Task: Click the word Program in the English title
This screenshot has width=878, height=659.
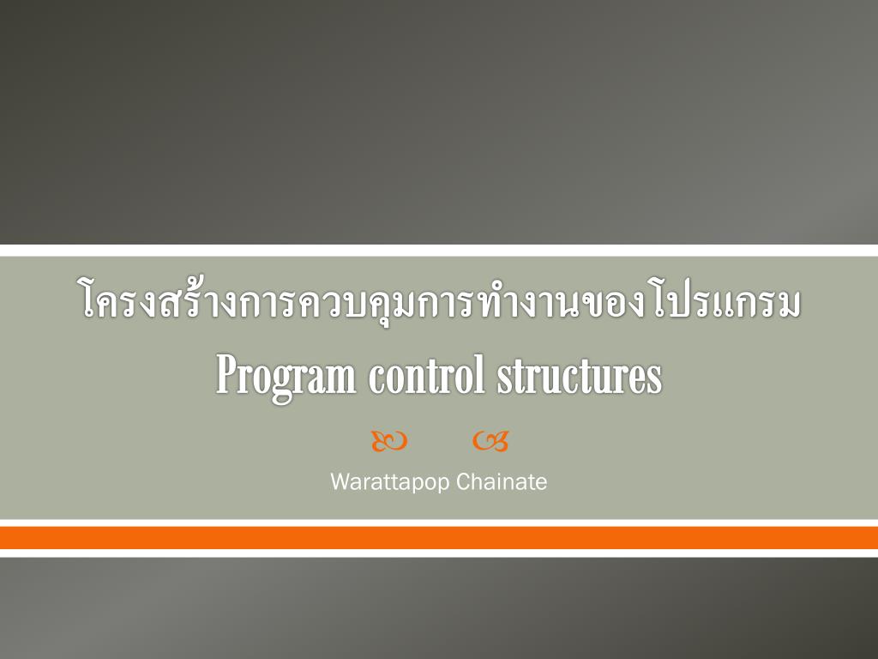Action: [286, 376]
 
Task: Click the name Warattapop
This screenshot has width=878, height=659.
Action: [389, 482]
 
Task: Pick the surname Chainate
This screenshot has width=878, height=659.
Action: [502, 482]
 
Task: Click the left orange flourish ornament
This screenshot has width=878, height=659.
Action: [389, 441]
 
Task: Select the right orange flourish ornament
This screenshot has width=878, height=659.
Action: [490, 441]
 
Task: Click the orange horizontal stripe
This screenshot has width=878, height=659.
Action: [439, 538]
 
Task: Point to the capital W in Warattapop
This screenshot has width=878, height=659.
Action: [340, 482]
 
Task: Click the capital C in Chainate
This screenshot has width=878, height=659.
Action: [462, 482]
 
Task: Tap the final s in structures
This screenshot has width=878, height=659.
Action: [656, 379]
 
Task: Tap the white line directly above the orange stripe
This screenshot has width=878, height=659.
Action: [439, 523]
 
